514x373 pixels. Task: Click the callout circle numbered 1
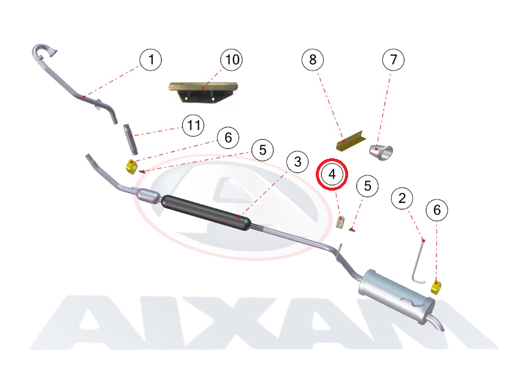pos(151,59)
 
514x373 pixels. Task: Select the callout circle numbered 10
pos(232,59)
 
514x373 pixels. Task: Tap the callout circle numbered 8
pos(313,59)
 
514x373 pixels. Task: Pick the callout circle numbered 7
pos(393,59)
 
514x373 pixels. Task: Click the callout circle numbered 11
pos(193,125)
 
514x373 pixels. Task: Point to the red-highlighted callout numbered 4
pos(332,174)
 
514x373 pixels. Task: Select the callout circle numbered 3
pos(298,161)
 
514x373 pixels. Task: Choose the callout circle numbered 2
pos(402,198)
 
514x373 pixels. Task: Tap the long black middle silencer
pos(206,212)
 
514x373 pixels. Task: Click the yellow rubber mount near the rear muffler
pos(436,287)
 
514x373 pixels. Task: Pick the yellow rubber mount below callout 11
pos(131,166)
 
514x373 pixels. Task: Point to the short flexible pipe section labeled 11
pos(131,139)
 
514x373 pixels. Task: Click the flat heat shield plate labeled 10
pos(203,92)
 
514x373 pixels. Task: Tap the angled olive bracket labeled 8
pos(351,141)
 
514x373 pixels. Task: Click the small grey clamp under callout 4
pos(341,223)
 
